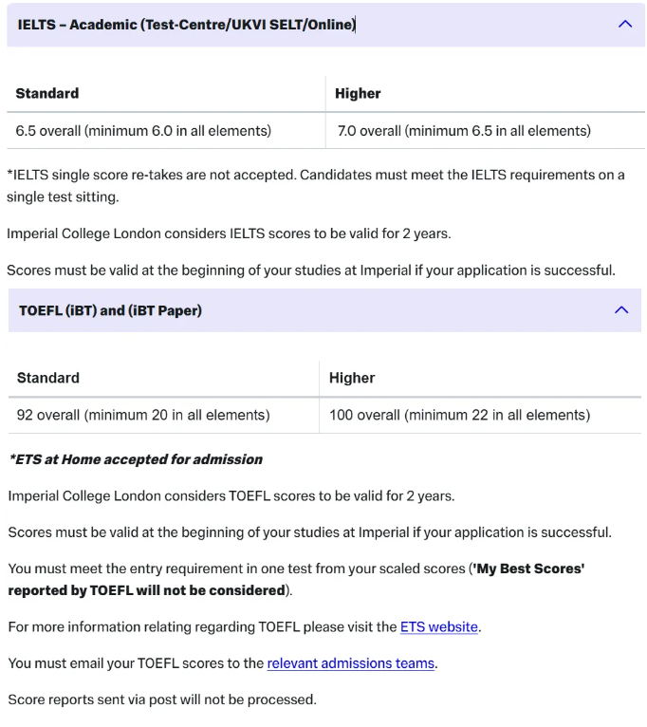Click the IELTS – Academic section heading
click(186, 25)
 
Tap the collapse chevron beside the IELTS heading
click(624, 25)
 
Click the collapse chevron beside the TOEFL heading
click(621, 310)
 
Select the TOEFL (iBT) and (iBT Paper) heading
click(110, 310)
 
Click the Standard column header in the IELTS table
click(47, 93)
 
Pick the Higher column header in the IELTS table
click(358, 93)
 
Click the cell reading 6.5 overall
click(143, 131)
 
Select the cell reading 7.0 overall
click(464, 131)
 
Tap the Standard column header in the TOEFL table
click(48, 378)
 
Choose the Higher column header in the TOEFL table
click(352, 378)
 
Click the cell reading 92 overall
click(143, 415)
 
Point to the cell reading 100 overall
click(459, 415)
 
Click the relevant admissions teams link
click(350, 663)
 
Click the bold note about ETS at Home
click(136, 459)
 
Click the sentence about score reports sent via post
click(161, 699)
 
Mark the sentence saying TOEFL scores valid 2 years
click(231, 495)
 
